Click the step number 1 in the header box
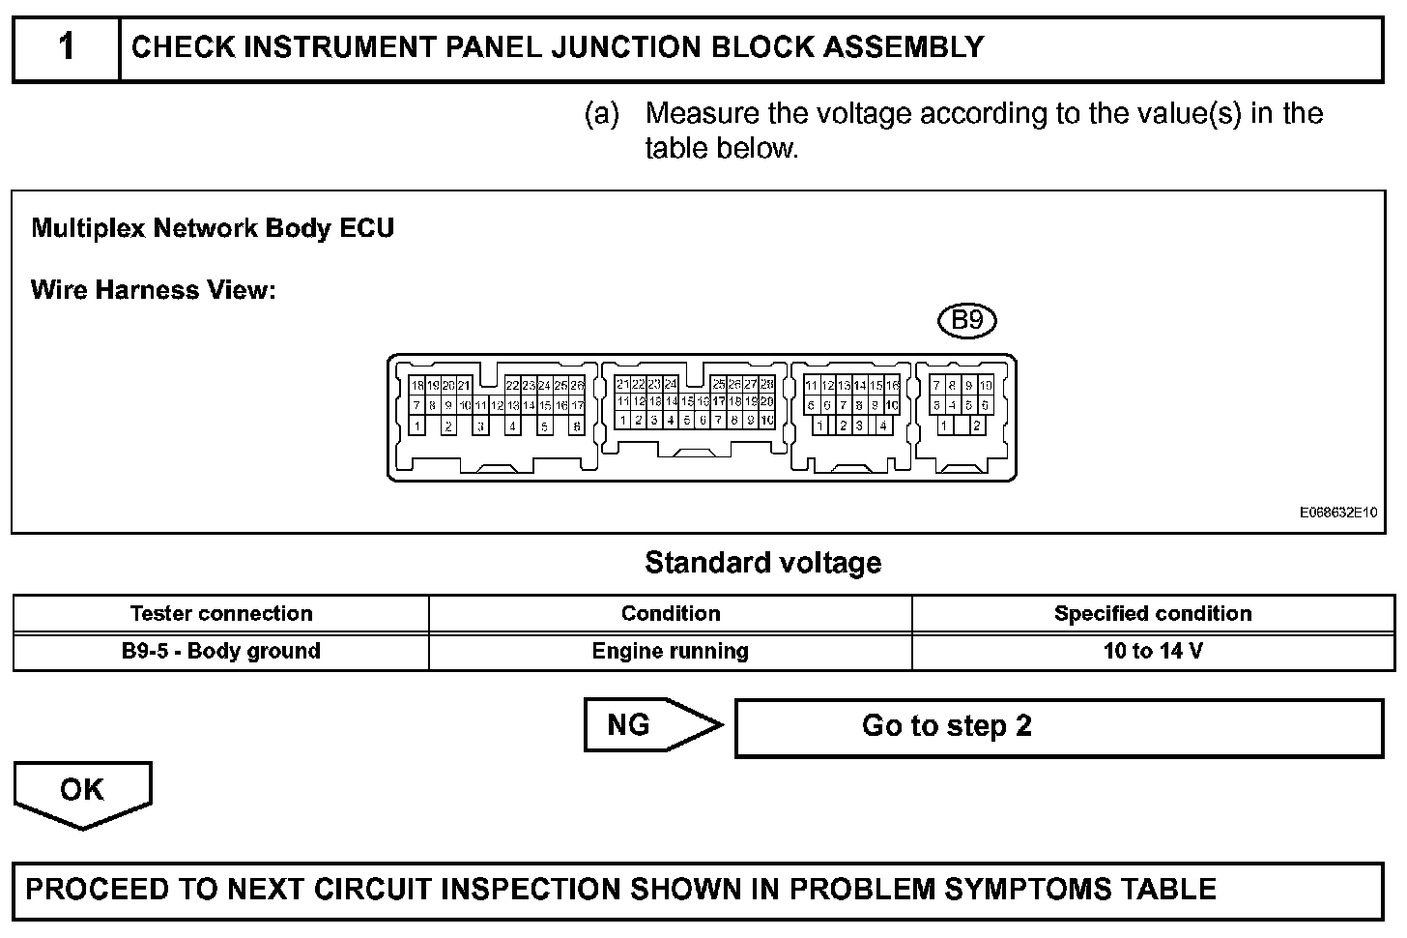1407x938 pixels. [66, 46]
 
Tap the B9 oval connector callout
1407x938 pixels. [967, 320]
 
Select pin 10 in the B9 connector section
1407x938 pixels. [986, 385]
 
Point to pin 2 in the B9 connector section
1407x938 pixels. [977, 425]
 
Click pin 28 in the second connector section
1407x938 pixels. [767, 384]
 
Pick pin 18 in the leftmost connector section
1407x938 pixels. [416, 385]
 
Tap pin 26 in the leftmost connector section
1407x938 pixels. [577, 385]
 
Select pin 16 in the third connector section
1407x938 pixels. [892, 385]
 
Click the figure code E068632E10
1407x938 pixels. [1337, 513]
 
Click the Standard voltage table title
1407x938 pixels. [762, 563]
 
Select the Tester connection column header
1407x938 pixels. [221, 613]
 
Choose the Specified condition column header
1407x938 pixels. [1153, 613]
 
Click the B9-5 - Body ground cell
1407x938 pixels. [221, 651]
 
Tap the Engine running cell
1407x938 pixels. [671, 651]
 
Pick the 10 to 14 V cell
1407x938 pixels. [1153, 651]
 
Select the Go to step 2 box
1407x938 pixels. [1058, 726]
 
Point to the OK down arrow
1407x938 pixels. [82, 792]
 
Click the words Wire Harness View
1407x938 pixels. [154, 290]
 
